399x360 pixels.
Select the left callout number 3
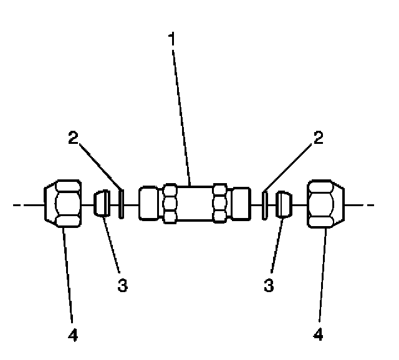pyautogui.click(x=123, y=285)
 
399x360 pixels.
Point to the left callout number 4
pyautogui.click(x=74, y=336)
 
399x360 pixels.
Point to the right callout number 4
pyautogui.click(x=318, y=336)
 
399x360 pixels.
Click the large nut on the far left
pyautogui.click(x=64, y=204)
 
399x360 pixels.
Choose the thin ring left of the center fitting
pyautogui.click(x=122, y=204)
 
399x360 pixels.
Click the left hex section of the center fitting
pyautogui.click(x=171, y=204)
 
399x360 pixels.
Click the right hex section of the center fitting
pyautogui.click(x=219, y=204)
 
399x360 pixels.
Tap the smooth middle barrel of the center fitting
pyautogui.click(x=195, y=204)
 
